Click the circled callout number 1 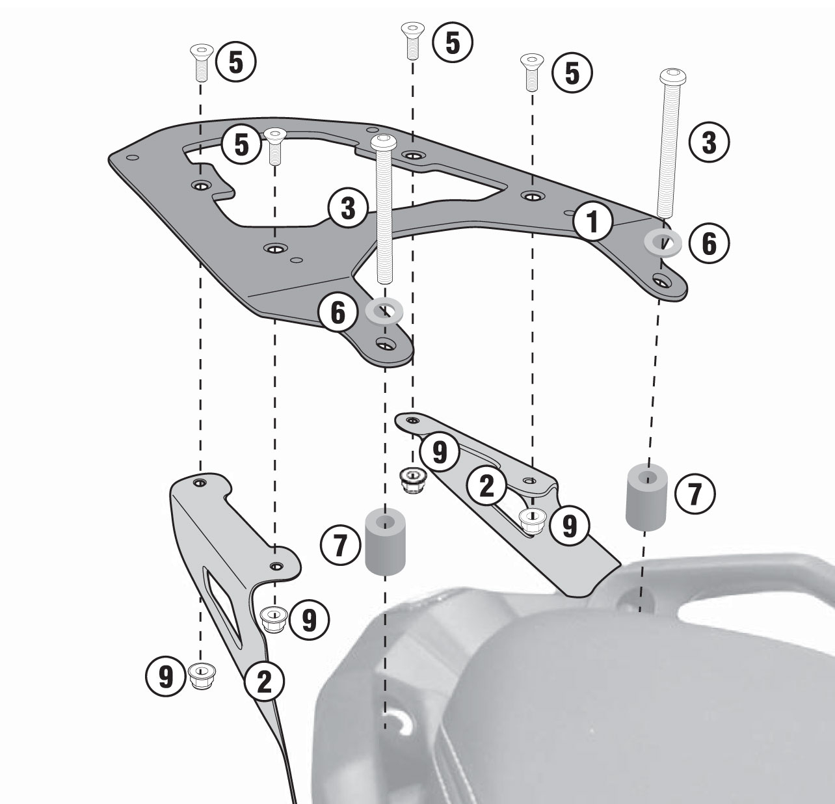click(x=592, y=222)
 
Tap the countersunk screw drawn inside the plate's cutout click(x=275, y=146)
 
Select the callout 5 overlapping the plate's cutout click(x=241, y=144)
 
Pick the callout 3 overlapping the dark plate click(x=348, y=208)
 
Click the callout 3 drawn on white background click(x=709, y=142)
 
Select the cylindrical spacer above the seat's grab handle click(x=646, y=497)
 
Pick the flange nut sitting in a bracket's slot click(x=532, y=520)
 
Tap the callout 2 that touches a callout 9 click(x=486, y=487)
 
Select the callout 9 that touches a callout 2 click(x=440, y=452)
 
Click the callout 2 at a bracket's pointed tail click(x=264, y=681)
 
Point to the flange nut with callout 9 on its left click(x=202, y=676)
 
